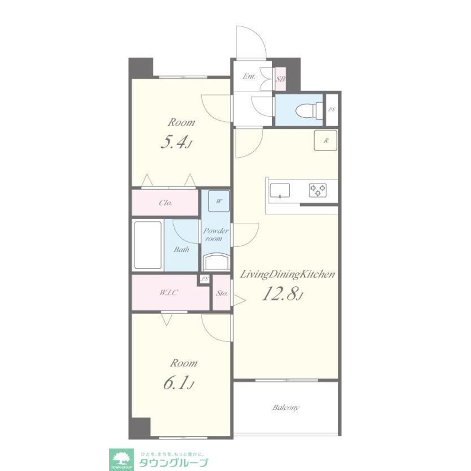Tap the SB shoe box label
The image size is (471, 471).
pyautogui.click(x=280, y=79)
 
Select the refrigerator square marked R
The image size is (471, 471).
pyautogui.click(x=325, y=140)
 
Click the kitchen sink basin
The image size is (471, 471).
pyautogui.click(x=280, y=190)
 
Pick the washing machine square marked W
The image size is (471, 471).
pyautogui.click(x=219, y=201)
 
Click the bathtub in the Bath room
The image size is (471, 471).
pyautogui.click(x=147, y=245)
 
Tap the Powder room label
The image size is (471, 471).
pyautogui.click(x=216, y=235)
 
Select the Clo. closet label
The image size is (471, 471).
pyautogui.click(x=165, y=203)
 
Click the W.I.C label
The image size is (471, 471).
pyautogui.click(x=169, y=292)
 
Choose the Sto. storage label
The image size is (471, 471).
pyautogui.click(x=222, y=293)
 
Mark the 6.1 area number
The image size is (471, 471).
pyautogui.click(x=179, y=383)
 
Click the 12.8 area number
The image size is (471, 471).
pyautogui.click(x=282, y=293)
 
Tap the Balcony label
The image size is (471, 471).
pyautogui.click(x=286, y=407)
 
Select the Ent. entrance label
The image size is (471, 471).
pyautogui.click(x=249, y=76)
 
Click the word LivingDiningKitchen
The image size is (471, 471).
pyautogui.click(x=287, y=274)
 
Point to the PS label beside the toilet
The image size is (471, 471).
pyautogui.click(x=332, y=110)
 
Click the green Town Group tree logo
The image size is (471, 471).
pyautogui.click(x=121, y=460)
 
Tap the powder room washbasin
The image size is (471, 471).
pyautogui.click(x=217, y=261)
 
